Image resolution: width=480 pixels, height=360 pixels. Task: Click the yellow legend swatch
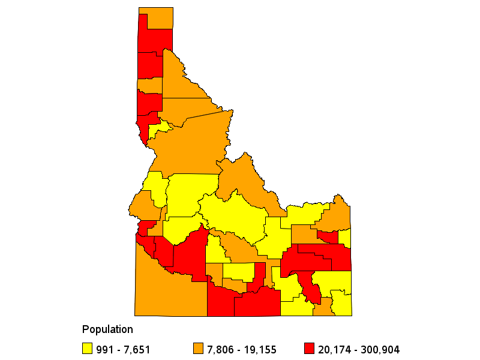87,349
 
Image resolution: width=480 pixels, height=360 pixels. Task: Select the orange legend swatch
197,349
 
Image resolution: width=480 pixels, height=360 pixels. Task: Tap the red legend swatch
309,349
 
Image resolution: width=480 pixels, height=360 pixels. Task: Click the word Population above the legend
107,329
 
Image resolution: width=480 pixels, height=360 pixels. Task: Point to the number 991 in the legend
104,349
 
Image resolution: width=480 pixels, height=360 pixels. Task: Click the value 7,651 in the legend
136,349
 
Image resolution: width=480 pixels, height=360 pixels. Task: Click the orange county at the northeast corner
338,213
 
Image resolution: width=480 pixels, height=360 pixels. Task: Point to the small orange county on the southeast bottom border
323,308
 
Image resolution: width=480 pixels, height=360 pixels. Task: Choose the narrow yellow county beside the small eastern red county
344,238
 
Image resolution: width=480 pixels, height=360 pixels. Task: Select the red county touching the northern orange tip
155,40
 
